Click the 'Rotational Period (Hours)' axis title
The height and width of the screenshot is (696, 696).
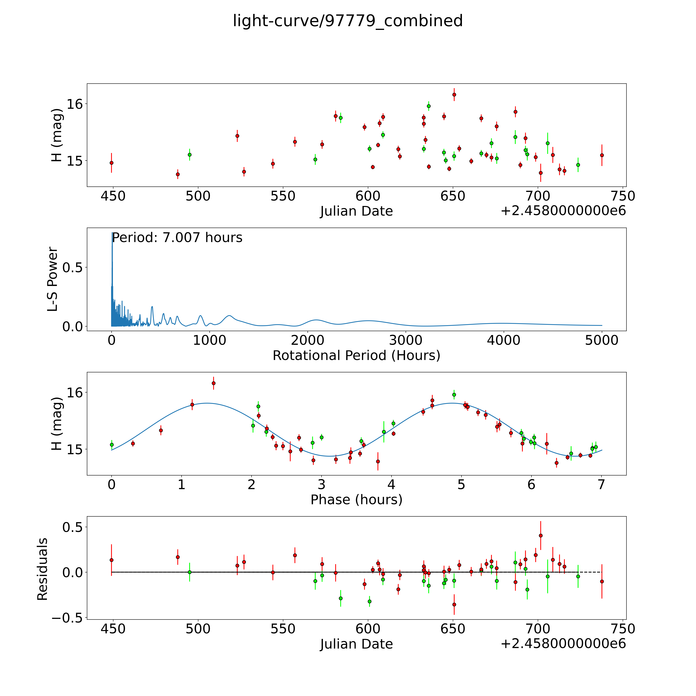coord(356,356)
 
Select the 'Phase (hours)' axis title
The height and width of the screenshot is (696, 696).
coord(356,500)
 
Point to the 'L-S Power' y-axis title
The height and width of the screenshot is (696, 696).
coord(53,279)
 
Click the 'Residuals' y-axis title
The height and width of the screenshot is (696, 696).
coord(43,569)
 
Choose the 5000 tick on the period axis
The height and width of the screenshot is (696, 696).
coord(602,340)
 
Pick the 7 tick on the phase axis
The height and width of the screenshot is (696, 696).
coord(601,484)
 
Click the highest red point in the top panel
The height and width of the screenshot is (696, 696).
coord(454,95)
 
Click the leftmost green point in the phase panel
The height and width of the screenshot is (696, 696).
coord(112,445)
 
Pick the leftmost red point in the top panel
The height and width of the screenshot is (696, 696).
coord(112,163)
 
